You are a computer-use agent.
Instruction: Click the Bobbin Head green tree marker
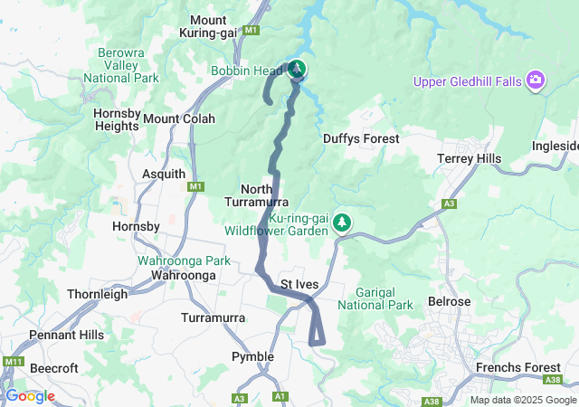point(297,69)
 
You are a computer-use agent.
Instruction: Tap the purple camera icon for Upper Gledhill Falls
point(536,81)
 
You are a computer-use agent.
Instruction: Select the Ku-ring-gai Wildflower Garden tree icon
point(342,222)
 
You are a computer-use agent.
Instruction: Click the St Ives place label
point(299,284)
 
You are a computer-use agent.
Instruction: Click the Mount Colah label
point(179,118)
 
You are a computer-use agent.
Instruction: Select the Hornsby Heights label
point(117,119)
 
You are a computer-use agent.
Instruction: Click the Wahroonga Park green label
point(184,260)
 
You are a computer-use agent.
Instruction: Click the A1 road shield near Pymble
point(280,396)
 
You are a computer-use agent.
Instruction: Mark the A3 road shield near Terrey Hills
point(450,204)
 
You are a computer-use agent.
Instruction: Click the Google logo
point(30,395)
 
